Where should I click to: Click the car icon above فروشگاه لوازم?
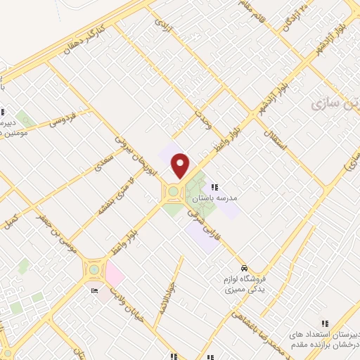[243, 269]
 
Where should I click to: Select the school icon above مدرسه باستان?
[214, 186]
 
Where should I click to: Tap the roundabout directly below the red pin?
[173, 191]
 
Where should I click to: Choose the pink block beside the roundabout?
[113, 271]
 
